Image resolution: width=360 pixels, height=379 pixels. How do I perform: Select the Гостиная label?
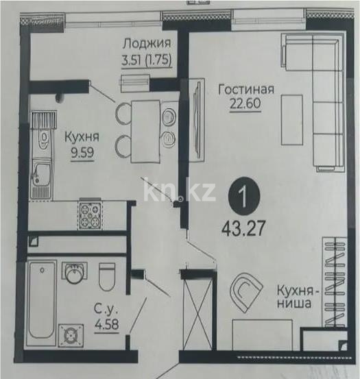tap(245, 89)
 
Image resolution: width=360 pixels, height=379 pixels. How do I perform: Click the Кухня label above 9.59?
tap(81, 136)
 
